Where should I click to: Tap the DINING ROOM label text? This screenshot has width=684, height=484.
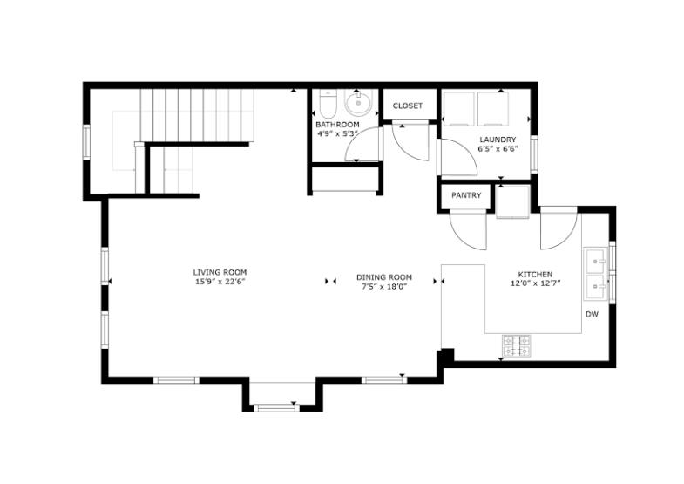(x=383, y=276)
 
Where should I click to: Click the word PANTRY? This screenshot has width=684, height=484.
(x=466, y=195)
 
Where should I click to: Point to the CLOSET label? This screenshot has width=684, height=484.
(x=407, y=106)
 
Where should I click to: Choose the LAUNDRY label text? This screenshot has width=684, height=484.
(x=498, y=140)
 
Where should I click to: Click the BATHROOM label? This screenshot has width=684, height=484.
(x=337, y=125)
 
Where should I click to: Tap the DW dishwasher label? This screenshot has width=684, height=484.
(x=591, y=314)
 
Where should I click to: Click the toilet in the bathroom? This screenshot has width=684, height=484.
(x=327, y=106)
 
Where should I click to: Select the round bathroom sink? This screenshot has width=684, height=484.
(x=358, y=105)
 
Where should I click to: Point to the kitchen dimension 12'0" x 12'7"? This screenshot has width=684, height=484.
(x=535, y=283)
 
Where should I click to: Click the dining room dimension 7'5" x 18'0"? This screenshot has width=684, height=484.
(x=383, y=286)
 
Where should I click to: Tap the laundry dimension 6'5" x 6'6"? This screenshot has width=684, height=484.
(x=498, y=149)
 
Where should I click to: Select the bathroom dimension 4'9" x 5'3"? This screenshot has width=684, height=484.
(x=337, y=134)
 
